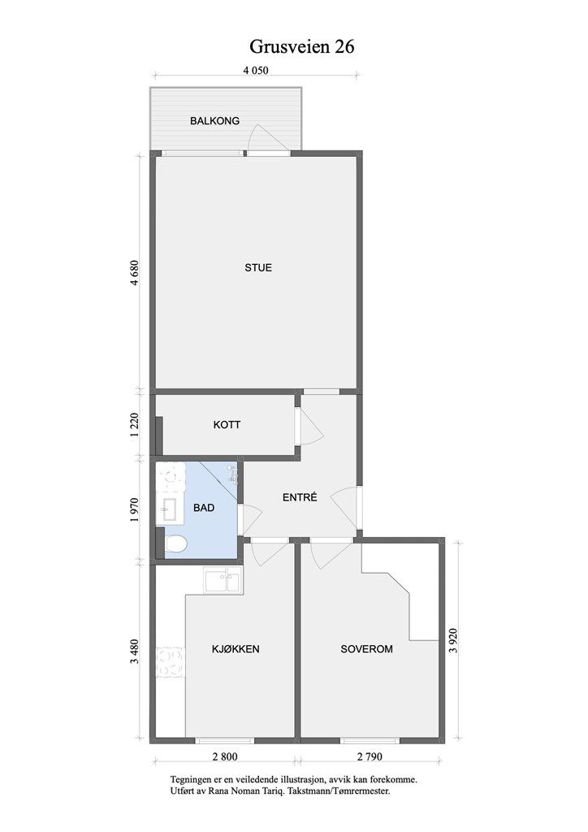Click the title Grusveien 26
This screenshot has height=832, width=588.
[x=301, y=47]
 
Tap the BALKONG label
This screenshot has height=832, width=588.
[x=214, y=121]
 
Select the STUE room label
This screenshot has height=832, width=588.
[x=258, y=268]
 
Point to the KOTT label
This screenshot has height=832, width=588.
[x=227, y=425]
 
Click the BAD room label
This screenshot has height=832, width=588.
[x=204, y=508]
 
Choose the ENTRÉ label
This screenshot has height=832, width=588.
[x=300, y=497]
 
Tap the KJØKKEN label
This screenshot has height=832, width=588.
[x=236, y=649]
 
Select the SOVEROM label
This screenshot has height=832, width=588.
[x=367, y=649]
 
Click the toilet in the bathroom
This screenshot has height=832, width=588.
[x=175, y=544]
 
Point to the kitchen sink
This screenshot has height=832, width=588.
[x=223, y=580]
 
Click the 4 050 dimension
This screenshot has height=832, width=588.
[x=256, y=70]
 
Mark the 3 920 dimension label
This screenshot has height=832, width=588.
[x=453, y=641]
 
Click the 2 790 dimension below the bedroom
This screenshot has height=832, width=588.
[x=370, y=756]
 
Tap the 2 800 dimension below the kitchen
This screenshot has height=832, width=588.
[x=225, y=756]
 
